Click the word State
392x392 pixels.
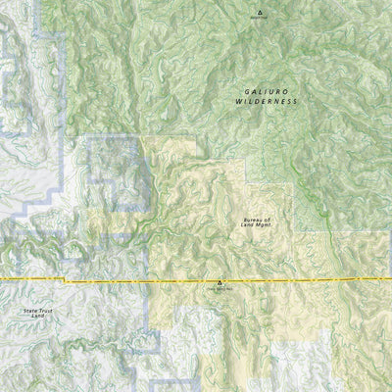pyautogui.click(x=30, y=310)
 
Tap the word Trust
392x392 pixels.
pyautogui.click(x=44, y=310)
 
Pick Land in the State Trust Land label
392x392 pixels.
pyautogui.click(x=37, y=316)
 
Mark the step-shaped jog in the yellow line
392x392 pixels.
pyautogui.click(x=66, y=281)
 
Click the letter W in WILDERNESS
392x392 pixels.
pyautogui.click(x=239, y=102)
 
